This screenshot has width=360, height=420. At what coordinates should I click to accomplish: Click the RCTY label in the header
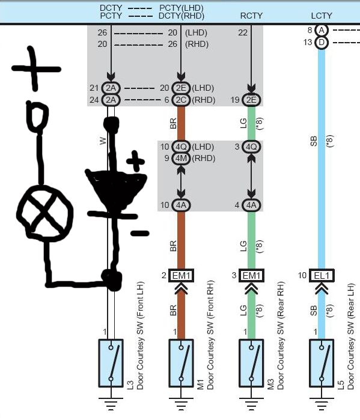(251, 16)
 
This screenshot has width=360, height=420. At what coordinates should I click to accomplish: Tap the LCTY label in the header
(322, 16)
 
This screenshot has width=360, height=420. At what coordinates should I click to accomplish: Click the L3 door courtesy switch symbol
(111, 363)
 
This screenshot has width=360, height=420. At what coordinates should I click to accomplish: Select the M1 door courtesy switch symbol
(181, 363)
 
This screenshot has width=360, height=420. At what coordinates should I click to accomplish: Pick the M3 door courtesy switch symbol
(251, 363)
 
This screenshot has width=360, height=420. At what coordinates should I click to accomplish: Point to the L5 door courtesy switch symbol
(322, 363)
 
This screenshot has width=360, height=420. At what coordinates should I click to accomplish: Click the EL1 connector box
(322, 275)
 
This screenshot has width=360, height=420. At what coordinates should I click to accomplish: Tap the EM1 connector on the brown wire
(181, 275)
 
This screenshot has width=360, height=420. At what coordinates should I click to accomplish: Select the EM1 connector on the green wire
(251, 275)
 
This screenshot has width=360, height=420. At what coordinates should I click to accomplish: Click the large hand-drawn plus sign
(35, 68)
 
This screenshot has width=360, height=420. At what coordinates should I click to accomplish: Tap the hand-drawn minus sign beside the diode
(139, 233)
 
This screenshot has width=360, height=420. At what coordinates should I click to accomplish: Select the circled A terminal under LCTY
(322, 30)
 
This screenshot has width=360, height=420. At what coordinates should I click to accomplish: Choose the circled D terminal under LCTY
(322, 43)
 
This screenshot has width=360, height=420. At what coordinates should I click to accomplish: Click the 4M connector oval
(181, 158)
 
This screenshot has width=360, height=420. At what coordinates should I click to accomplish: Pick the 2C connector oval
(181, 100)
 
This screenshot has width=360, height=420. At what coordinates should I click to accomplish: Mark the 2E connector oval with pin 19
(251, 100)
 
